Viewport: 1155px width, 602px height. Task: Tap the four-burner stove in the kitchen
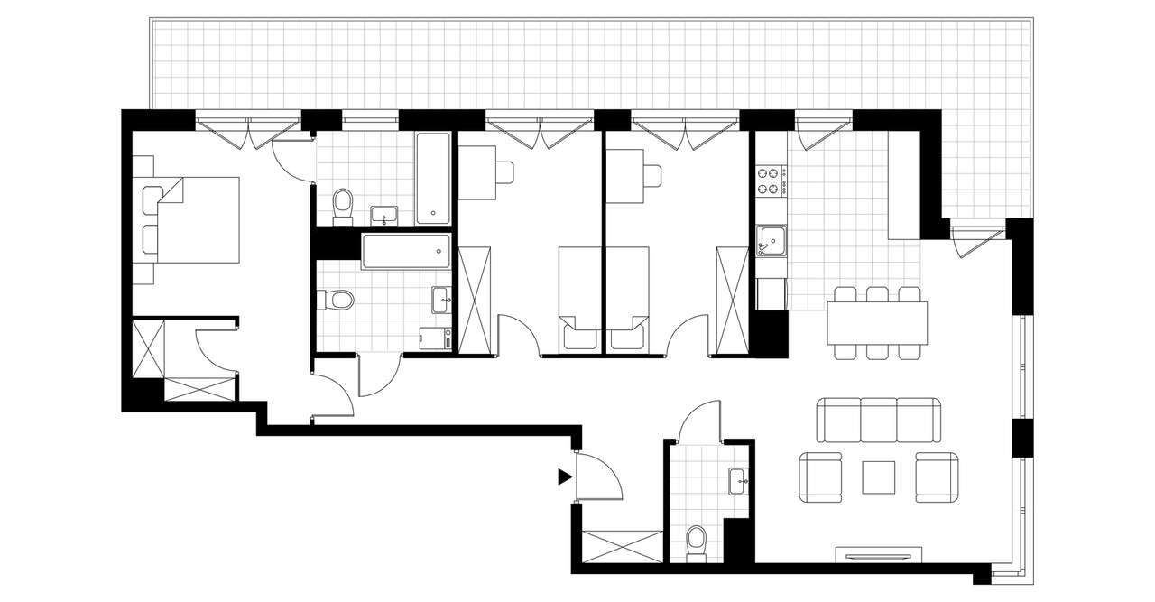769,181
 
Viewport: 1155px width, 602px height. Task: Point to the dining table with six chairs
877,322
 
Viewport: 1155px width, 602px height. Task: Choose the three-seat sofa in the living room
879,420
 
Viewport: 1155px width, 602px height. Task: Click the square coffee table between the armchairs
878,477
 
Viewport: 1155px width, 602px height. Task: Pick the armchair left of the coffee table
822,477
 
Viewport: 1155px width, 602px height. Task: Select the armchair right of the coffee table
936,477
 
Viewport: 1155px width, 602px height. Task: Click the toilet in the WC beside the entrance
697,541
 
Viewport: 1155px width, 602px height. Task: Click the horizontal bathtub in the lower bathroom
405,250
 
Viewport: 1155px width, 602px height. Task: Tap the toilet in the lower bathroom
333,299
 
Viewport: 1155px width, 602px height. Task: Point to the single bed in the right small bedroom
628,298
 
